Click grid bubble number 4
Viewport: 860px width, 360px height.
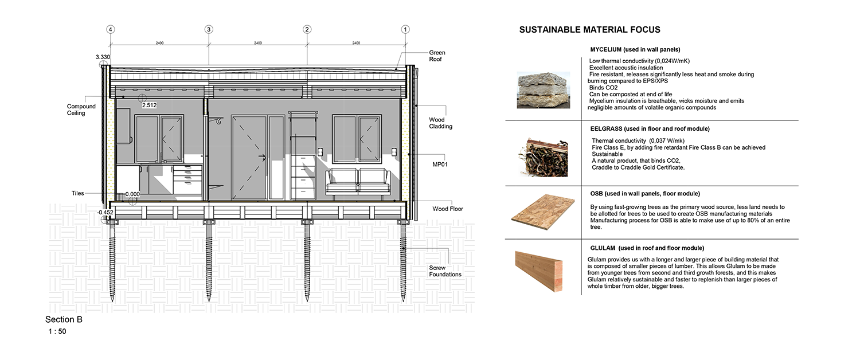click(x=111, y=30)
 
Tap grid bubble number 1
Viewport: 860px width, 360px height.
click(x=405, y=30)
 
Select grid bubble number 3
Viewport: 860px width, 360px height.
click(x=209, y=30)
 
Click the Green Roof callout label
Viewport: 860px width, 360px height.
click(x=437, y=56)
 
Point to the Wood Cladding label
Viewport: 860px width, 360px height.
click(x=440, y=123)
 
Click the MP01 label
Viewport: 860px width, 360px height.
click(x=440, y=165)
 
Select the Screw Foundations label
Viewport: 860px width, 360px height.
click(x=445, y=271)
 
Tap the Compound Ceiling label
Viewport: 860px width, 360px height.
click(x=81, y=109)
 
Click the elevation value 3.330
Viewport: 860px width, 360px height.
click(x=103, y=57)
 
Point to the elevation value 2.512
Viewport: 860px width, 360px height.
click(x=149, y=105)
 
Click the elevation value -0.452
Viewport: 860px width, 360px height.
click(x=105, y=213)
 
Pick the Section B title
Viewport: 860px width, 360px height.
click(x=64, y=320)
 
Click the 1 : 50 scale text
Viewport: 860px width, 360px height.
click(x=57, y=331)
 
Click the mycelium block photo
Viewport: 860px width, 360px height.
click(x=544, y=90)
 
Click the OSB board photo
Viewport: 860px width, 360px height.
click(x=543, y=212)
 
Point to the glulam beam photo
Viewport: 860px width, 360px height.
click(x=539, y=271)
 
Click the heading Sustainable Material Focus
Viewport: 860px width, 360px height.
click(x=590, y=30)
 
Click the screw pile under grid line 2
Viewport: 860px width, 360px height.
click(x=307, y=260)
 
